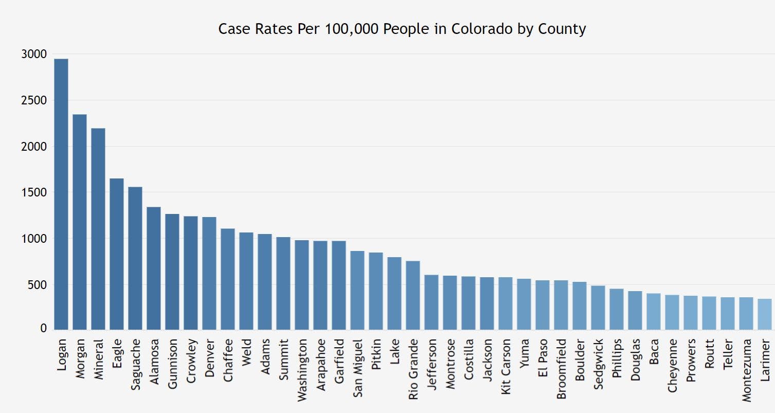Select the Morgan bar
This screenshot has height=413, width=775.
80,222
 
